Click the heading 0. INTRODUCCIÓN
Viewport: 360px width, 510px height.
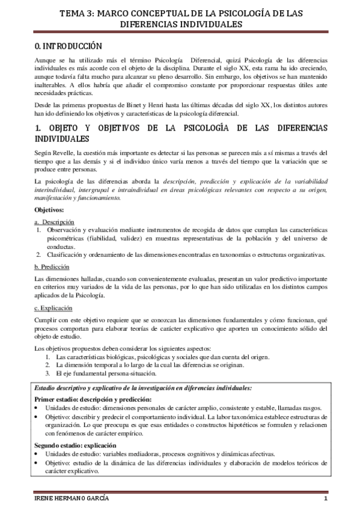click(68, 46)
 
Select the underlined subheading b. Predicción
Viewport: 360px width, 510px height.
click(52, 267)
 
